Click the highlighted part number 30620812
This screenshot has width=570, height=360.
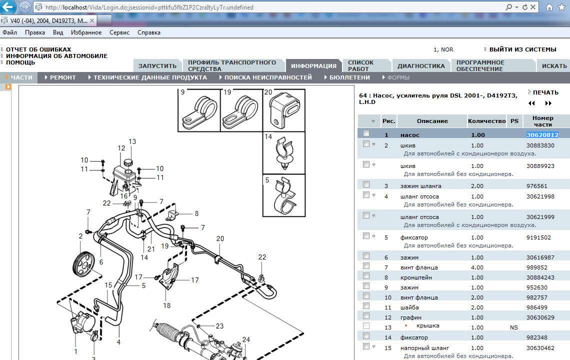pos(542,134)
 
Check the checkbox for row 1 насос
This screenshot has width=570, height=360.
pos(366,133)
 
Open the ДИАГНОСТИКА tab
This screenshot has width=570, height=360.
pos(420,65)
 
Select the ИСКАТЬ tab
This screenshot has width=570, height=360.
pos(554,65)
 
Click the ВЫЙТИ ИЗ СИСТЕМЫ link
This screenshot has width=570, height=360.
pos(522,49)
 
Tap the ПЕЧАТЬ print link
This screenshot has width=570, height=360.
pos(545,92)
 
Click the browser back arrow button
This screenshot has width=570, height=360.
pos(8,7)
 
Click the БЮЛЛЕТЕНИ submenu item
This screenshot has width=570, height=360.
pos(349,77)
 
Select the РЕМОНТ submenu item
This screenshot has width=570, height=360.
pos(62,77)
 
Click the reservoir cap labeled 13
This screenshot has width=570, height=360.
pos(128,163)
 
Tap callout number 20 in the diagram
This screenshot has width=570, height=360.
pos(220,238)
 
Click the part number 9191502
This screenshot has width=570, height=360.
pos(538,237)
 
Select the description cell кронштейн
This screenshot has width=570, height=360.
pos(416,277)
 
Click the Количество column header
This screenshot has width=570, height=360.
pos(486,121)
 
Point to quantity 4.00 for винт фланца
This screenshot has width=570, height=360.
pos(477,267)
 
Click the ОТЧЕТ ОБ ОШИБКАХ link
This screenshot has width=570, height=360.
pos(38,49)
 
